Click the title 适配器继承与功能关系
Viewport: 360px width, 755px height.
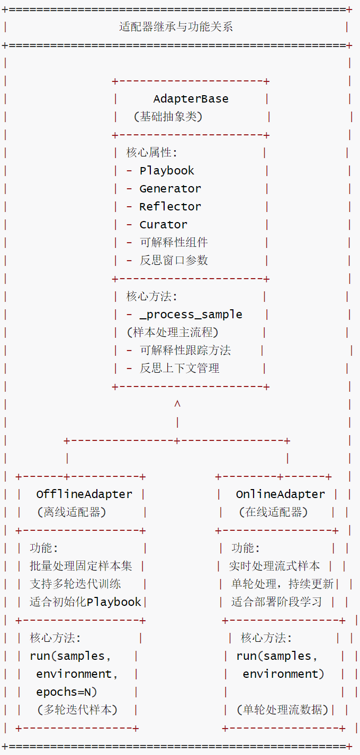pyautogui.click(x=176, y=27)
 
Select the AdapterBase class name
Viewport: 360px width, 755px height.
pyautogui.click(x=191, y=99)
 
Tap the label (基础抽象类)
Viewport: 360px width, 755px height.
pyautogui.click(x=168, y=117)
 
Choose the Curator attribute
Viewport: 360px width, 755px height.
pyautogui.click(x=163, y=225)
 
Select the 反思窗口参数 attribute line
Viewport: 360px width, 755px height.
pyautogui.click(x=174, y=261)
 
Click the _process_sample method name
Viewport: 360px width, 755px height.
pyautogui.click(x=191, y=315)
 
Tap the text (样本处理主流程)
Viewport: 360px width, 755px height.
pyautogui.click(x=173, y=333)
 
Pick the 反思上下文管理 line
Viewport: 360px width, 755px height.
pyautogui.click(x=179, y=369)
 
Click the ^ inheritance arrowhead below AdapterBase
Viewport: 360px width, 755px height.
pyautogui.click(x=177, y=404)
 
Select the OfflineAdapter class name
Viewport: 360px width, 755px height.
pyautogui.click(x=84, y=494)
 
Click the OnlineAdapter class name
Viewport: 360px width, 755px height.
pyautogui.click(x=280, y=494)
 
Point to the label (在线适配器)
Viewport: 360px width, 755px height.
pyautogui.click(x=273, y=512)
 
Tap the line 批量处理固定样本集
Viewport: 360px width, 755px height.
pyautogui.click(x=81, y=566)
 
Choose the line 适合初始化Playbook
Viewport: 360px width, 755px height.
pyautogui.click(x=85, y=602)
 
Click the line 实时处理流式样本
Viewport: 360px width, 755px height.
pyautogui.click(x=274, y=566)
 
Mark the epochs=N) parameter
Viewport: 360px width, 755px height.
pyautogui.click(x=67, y=692)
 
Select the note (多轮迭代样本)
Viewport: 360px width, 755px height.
pyautogui.click(x=77, y=710)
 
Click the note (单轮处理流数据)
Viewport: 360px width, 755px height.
pyautogui.click(x=282, y=710)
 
